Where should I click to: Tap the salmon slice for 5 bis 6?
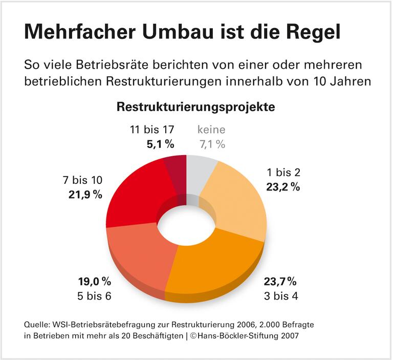(x=138, y=256)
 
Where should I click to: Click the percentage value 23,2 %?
(x=282, y=187)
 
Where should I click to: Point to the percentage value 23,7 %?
(x=280, y=281)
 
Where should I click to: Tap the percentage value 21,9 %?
(x=85, y=194)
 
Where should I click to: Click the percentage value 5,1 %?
(x=160, y=144)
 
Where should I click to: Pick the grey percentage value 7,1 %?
(x=211, y=144)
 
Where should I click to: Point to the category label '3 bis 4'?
(x=280, y=295)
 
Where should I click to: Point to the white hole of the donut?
(x=187, y=225)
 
